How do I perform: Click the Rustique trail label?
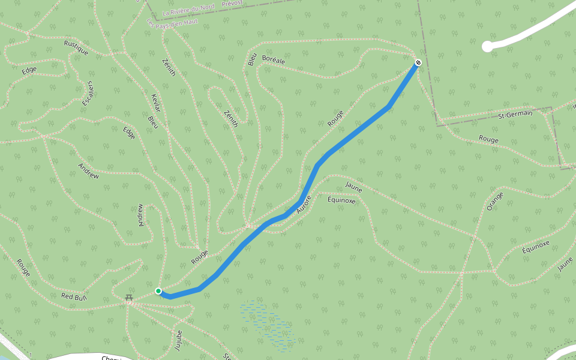tap(76, 47)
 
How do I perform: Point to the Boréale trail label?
tap(273, 61)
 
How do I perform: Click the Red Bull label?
tap(74, 296)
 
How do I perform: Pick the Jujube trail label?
tap(178, 339)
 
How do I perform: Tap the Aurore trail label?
tap(305, 205)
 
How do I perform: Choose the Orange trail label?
tap(495, 201)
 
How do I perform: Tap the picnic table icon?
tap(128, 298)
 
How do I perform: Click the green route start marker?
tap(158, 291)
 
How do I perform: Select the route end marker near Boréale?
tap(418, 62)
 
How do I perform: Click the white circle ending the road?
tap(487, 46)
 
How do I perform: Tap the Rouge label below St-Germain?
tap(488, 139)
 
